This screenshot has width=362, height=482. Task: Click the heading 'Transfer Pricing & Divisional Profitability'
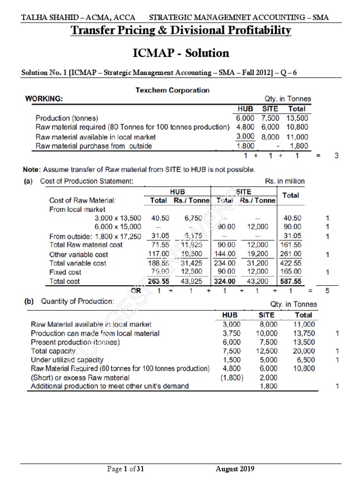click(181, 31)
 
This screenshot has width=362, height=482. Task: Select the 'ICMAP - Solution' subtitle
click(181, 53)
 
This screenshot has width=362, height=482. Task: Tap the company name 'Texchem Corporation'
click(173, 90)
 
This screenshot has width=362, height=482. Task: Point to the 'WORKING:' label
click(43, 99)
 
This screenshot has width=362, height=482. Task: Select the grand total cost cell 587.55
click(291, 281)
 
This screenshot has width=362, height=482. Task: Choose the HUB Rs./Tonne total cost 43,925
click(191, 281)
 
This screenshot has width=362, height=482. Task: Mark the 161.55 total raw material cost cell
click(291, 245)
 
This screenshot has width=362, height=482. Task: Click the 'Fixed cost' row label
click(65, 273)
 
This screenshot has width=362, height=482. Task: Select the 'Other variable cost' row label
click(78, 254)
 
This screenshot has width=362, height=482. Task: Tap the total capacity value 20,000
click(303, 351)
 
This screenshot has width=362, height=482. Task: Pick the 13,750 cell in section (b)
click(303, 333)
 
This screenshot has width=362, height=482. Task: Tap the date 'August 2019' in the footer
click(234, 468)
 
